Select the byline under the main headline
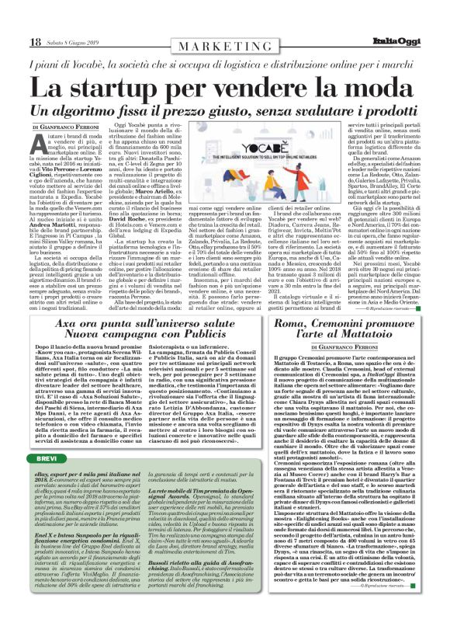click(64, 127)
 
